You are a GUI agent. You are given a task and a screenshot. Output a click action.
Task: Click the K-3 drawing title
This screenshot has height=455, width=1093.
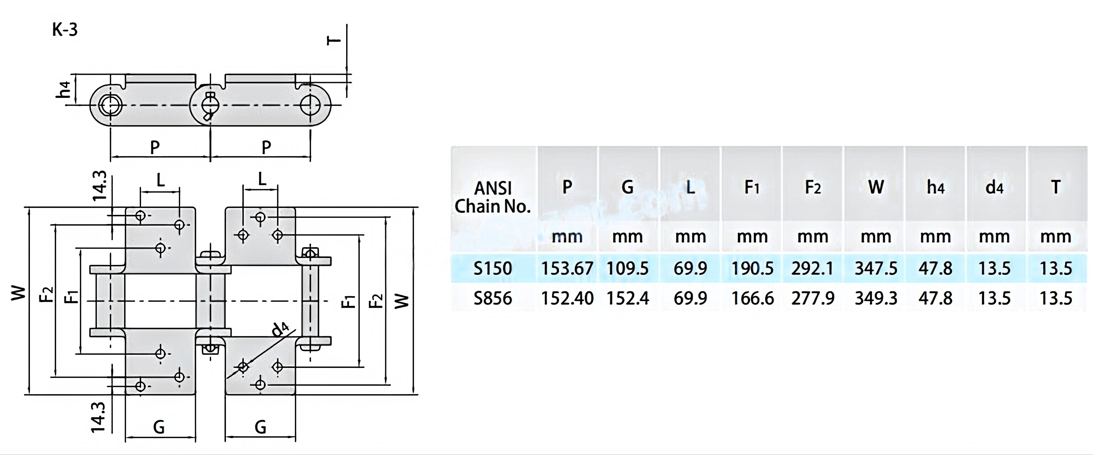pos(65,30)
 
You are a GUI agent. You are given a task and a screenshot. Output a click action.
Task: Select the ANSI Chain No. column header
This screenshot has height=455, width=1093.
pos(493,197)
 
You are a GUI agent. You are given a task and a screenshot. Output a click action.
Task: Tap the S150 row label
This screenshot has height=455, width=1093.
pos(493,268)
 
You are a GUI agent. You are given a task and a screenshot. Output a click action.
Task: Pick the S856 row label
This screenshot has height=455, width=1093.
pos(493,298)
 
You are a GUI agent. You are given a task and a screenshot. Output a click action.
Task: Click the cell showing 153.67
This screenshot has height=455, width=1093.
pos(567,268)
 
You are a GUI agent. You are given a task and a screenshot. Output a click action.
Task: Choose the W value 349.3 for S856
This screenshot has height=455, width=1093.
pos(876,298)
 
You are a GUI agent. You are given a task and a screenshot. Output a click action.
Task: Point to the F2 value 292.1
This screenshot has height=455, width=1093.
pos(813,268)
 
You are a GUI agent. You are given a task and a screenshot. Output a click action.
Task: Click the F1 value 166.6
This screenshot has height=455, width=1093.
pos(752,298)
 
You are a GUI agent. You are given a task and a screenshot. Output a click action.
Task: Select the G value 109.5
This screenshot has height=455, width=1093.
pos(627,268)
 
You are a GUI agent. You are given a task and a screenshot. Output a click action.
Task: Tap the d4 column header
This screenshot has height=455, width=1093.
pos(994,187)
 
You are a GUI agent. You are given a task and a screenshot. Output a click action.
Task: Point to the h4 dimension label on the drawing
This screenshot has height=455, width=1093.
pos(64,90)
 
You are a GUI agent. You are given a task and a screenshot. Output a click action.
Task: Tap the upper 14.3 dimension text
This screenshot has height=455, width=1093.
pos(99,186)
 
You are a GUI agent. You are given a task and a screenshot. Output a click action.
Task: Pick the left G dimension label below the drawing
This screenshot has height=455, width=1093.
pos(159,427)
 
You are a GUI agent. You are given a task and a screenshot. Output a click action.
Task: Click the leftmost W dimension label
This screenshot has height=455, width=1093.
pos(18,292)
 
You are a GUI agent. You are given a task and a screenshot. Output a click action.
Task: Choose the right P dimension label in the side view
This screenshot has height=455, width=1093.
pos(266,147)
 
